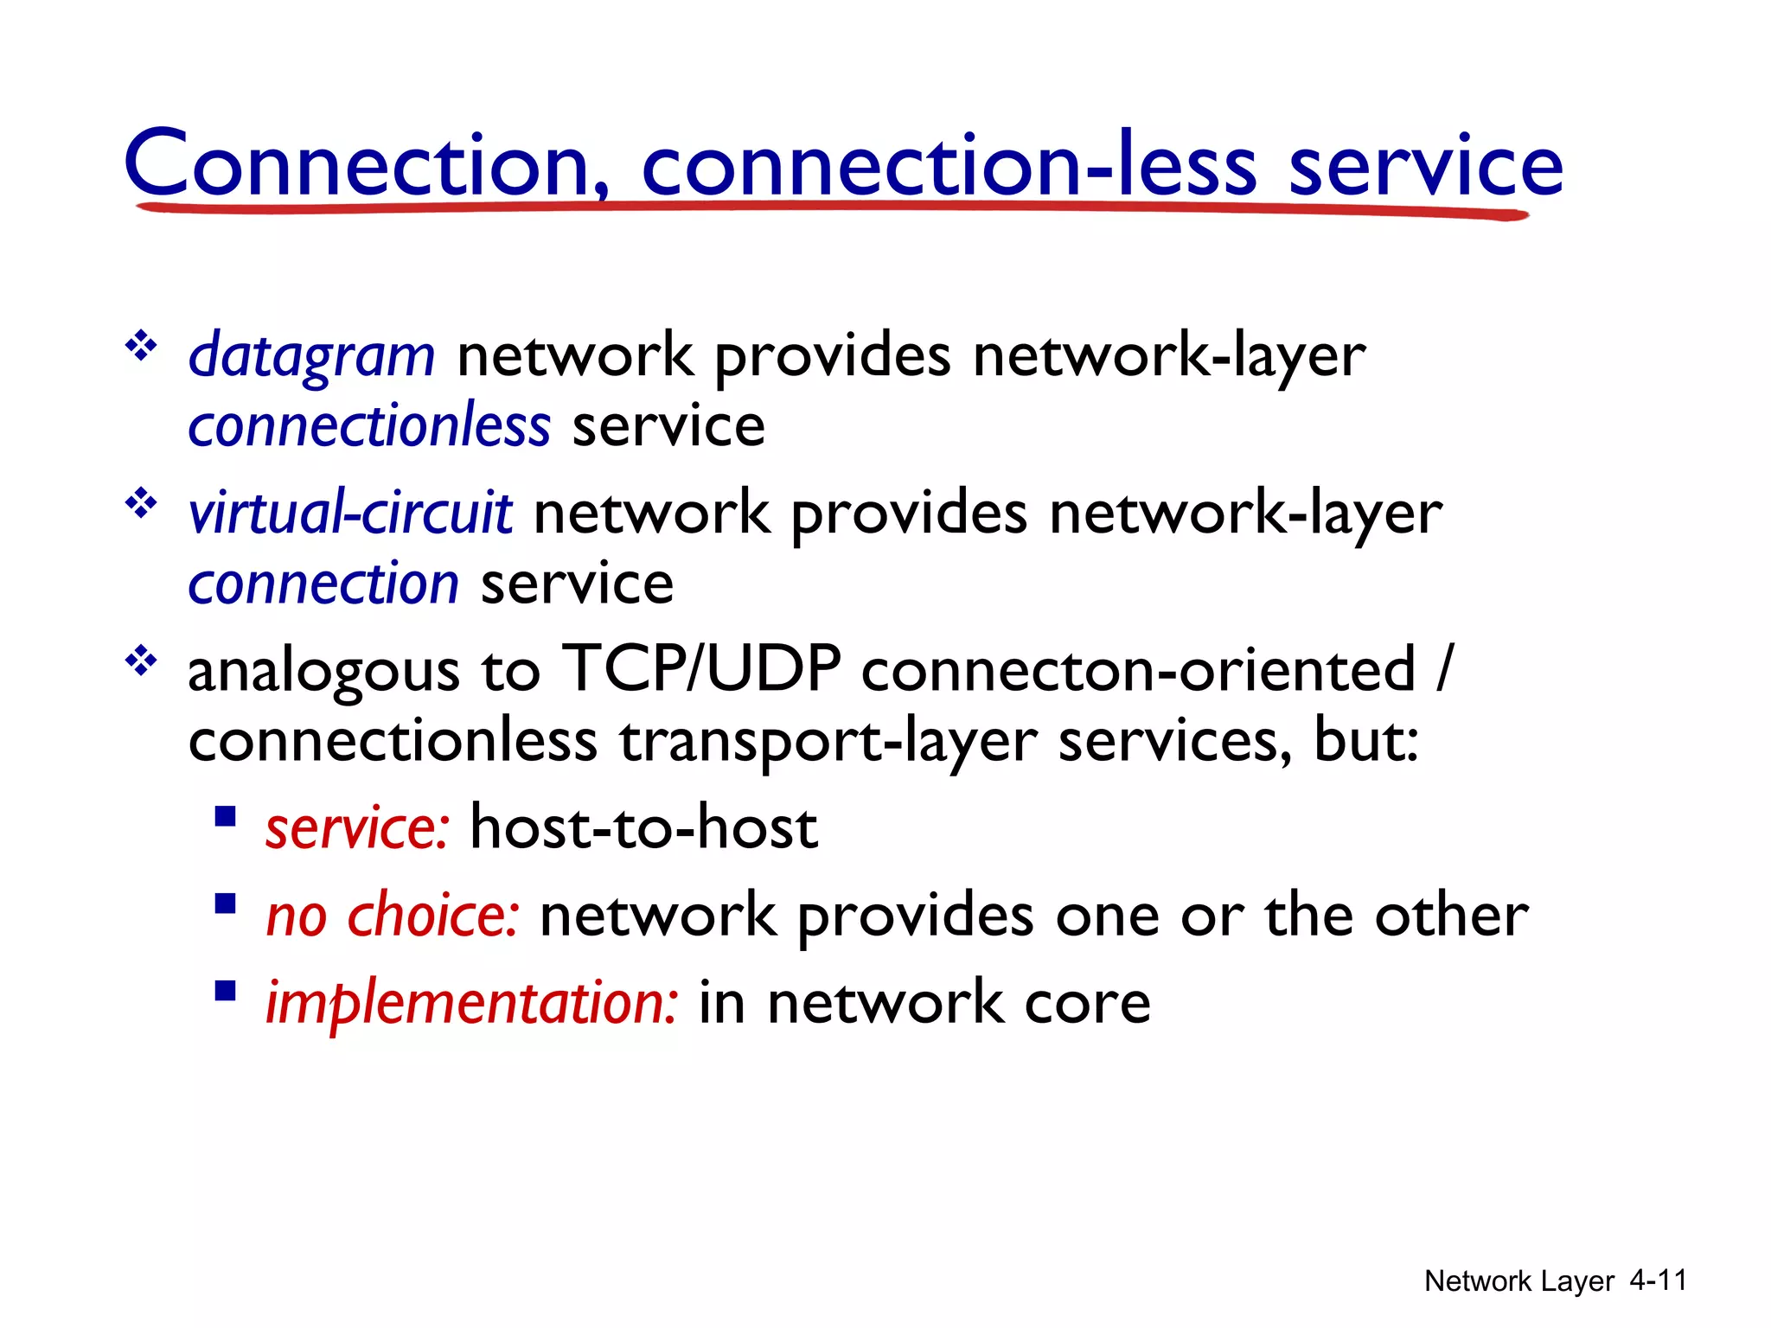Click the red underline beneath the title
pos(830,207)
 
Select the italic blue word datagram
pos(311,356)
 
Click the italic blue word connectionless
pos(369,426)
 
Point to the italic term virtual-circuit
pos(350,513)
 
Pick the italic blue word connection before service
pos(323,584)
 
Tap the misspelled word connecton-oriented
pos(1137,670)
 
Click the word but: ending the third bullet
pos(1365,741)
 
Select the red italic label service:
pos(357,828)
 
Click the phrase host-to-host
pos(643,828)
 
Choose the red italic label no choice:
pos(393,916)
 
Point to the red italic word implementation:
pos(471,1003)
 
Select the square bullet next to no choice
pos(226,903)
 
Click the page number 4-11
pos(1658,1280)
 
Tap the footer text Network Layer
pos(1518,1281)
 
